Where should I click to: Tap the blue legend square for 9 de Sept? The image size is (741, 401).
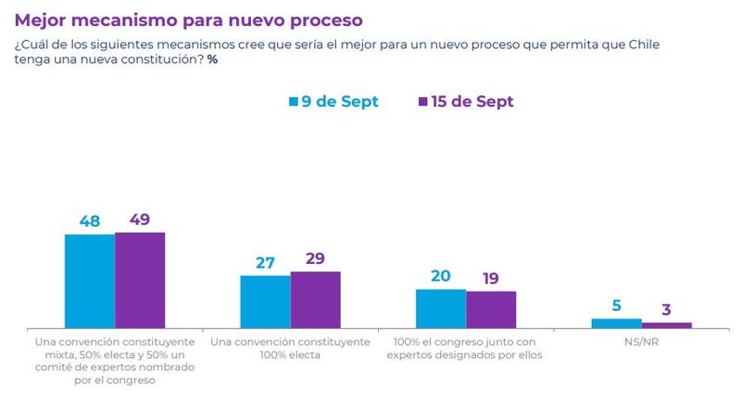point(293,101)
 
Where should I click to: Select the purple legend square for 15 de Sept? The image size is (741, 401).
point(424,101)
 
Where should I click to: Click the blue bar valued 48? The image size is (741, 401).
point(90,282)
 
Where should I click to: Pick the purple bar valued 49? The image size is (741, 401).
point(140,281)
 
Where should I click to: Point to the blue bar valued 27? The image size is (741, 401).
point(265,302)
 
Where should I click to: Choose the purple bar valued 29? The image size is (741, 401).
point(315,300)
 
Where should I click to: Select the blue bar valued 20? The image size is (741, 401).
point(441,308)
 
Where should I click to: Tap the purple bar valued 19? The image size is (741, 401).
point(491,309)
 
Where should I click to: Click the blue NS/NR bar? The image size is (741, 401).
point(616,323)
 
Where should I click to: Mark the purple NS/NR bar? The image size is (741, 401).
point(666,325)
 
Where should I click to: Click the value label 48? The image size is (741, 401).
point(90,221)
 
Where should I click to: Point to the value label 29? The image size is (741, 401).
point(315,259)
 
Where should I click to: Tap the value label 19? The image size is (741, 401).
point(491,279)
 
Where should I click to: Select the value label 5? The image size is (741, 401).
point(616,306)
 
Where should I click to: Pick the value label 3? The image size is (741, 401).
point(666,310)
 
